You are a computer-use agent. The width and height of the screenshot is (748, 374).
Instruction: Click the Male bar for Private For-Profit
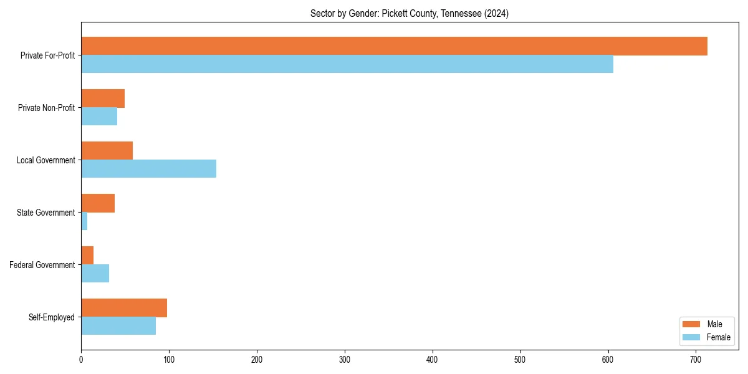pos(394,46)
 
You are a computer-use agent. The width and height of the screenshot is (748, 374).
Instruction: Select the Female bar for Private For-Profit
pos(347,64)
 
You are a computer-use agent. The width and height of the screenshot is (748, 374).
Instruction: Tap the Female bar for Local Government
pos(148,169)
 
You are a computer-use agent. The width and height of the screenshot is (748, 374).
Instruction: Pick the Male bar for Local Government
pos(107,151)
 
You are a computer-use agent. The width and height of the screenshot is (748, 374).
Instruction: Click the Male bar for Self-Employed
pos(124,308)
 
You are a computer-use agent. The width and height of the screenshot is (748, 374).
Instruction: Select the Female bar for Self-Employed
pos(118,326)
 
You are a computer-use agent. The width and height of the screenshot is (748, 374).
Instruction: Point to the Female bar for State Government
pos(84,221)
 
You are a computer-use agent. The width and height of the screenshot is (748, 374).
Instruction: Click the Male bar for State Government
pos(98,203)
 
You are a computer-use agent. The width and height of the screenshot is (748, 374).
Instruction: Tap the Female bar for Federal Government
pos(95,274)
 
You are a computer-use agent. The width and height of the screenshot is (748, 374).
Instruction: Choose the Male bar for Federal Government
pos(87,256)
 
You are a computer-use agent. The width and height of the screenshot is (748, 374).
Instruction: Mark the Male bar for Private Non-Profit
pos(103,98)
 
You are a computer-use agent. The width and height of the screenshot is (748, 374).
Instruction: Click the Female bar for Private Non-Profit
pos(99,117)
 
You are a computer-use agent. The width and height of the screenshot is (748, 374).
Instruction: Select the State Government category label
pos(46,213)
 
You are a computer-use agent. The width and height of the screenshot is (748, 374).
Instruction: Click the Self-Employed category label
pos(52,317)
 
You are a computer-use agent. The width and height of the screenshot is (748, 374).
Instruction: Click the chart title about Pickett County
pos(410,14)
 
